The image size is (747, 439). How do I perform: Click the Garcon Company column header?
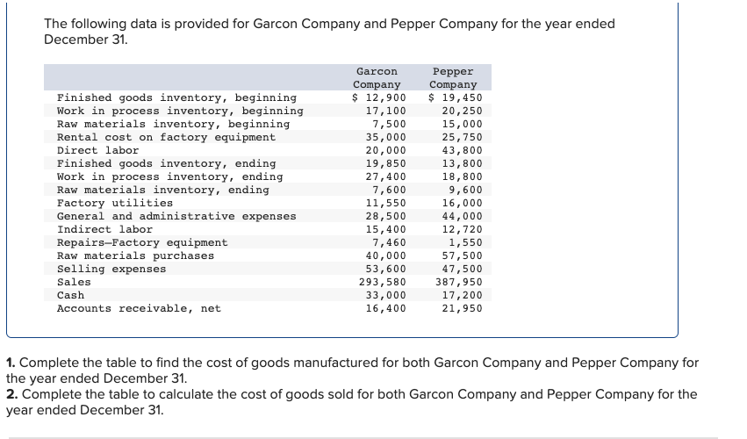click(x=377, y=77)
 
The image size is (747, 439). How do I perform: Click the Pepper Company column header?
click(x=453, y=77)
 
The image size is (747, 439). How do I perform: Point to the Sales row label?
click(x=74, y=282)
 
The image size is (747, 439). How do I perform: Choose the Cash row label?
click(x=70, y=295)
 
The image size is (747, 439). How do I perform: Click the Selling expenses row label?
click(x=111, y=269)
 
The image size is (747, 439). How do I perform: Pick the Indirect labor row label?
click(x=104, y=229)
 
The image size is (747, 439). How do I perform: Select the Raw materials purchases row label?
click(x=135, y=255)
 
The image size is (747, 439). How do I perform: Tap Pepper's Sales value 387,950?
click(x=459, y=282)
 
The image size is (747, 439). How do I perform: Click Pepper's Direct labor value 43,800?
click(x=462, y=150)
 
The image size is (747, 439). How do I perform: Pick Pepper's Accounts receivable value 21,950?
click(x=462, y=308)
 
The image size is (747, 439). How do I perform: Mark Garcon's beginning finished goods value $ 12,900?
click(x=379, y=97)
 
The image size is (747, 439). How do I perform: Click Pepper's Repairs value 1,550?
click(x=465, y=242)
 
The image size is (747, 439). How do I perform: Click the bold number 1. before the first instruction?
click(x=11, y=362)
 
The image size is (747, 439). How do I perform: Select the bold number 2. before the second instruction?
click(x=11, y=393)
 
